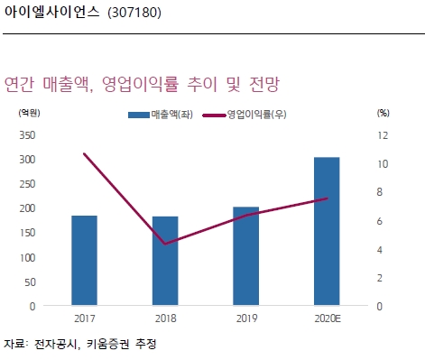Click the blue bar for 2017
[85, 260]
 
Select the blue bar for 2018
[165, 261]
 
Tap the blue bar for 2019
[245, 255]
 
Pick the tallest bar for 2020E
[327, 231]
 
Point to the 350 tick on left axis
[27, 135]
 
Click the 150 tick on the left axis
[27, 233]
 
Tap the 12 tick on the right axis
[383, 135]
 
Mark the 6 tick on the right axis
[383, 221]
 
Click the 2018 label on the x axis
[165, 318]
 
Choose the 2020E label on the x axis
[327, 318]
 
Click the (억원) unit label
[29, 114]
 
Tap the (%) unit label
[383, 114]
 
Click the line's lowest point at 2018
[165, 244]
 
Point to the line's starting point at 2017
[85, 154]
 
